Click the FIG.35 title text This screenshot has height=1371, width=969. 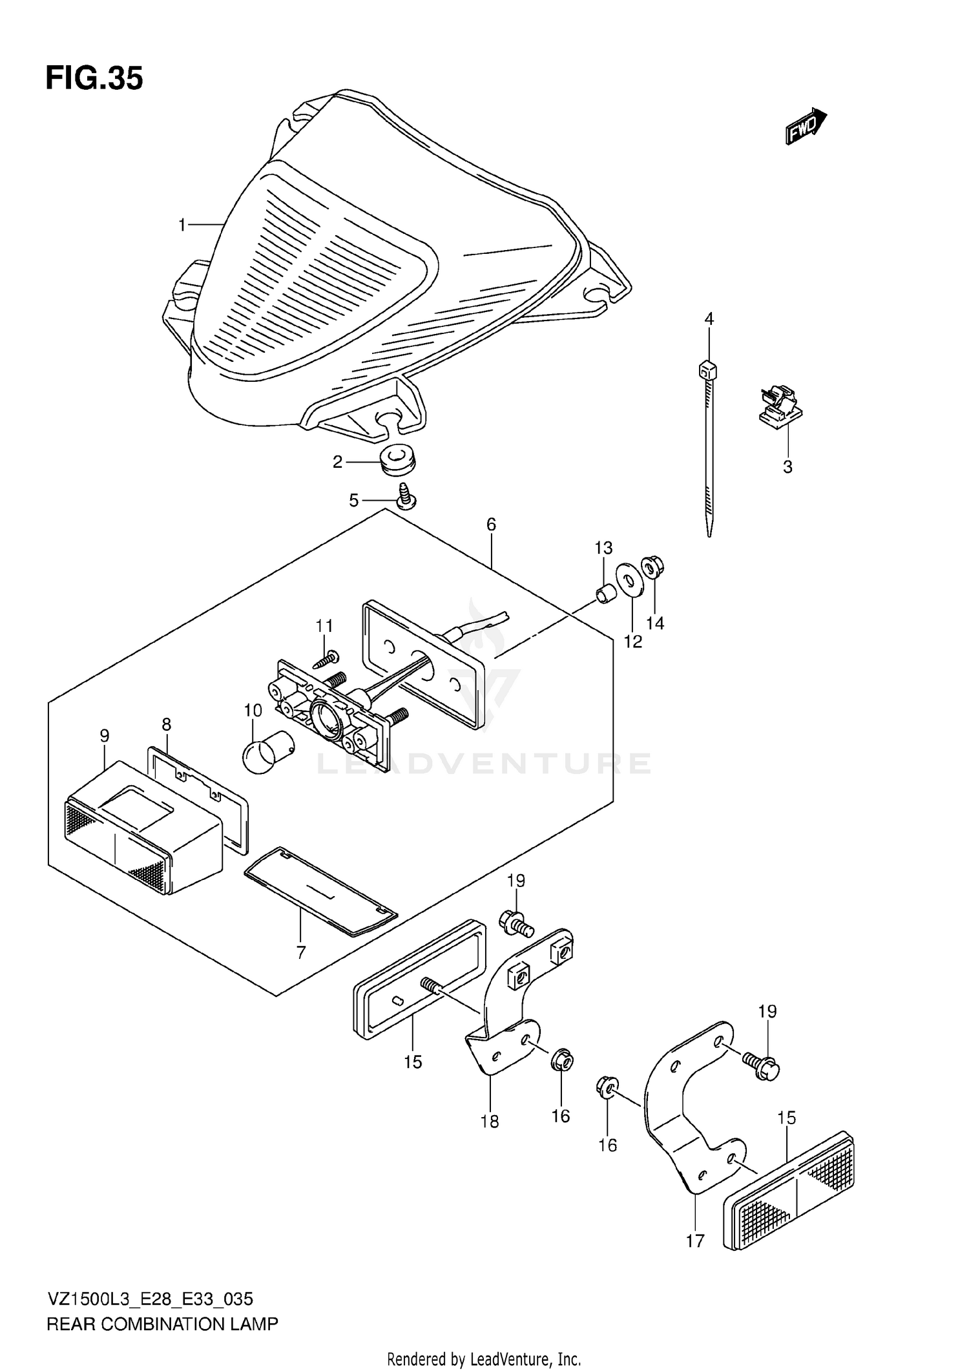(94, 79)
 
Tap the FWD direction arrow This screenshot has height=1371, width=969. (806, 127)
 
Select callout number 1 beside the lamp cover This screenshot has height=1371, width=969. (182, 225)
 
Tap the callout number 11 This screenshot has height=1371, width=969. (324, 625)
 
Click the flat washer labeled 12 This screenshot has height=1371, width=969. (625, 581)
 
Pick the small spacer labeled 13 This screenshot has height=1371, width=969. (605, 594)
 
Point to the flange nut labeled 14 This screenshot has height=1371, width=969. (652, 567)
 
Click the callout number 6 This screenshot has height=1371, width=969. (491, 525)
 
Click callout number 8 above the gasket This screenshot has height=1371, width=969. (167, 724)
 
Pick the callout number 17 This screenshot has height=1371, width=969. (695, 1240)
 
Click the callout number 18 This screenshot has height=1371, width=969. (490, 1122)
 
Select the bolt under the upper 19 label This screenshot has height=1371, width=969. (516, 924)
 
